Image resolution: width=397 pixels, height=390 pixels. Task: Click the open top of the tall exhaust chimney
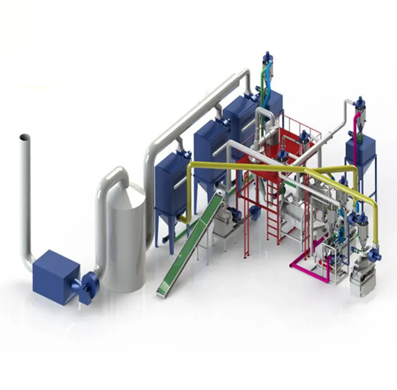tap(24, 137)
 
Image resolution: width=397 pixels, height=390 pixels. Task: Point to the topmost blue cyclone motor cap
tap(266, 57)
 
